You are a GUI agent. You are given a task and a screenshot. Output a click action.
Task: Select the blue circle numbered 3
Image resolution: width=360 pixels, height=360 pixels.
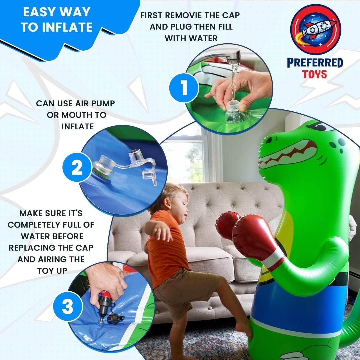click(67, 307)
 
